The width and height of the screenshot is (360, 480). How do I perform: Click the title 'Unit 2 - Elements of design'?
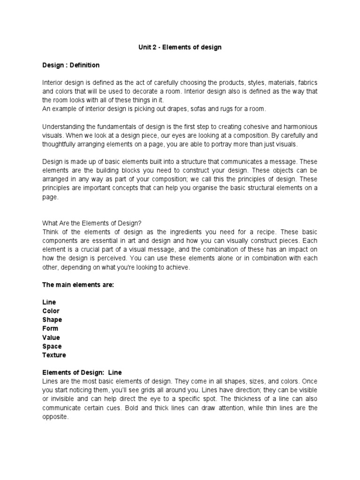click(180, 47)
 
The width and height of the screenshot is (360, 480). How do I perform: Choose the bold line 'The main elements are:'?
click(78, 285)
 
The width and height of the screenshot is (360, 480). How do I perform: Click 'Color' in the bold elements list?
click(51, 311)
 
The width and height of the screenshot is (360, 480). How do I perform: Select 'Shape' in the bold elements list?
click(52, 320)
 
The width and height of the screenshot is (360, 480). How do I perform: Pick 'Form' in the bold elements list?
click(50, 329)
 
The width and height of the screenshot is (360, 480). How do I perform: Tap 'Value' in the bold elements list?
click(51, 337)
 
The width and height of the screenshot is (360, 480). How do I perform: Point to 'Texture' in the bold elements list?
click(54, 355)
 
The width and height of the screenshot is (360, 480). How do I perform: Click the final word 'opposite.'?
click(55, 417)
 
